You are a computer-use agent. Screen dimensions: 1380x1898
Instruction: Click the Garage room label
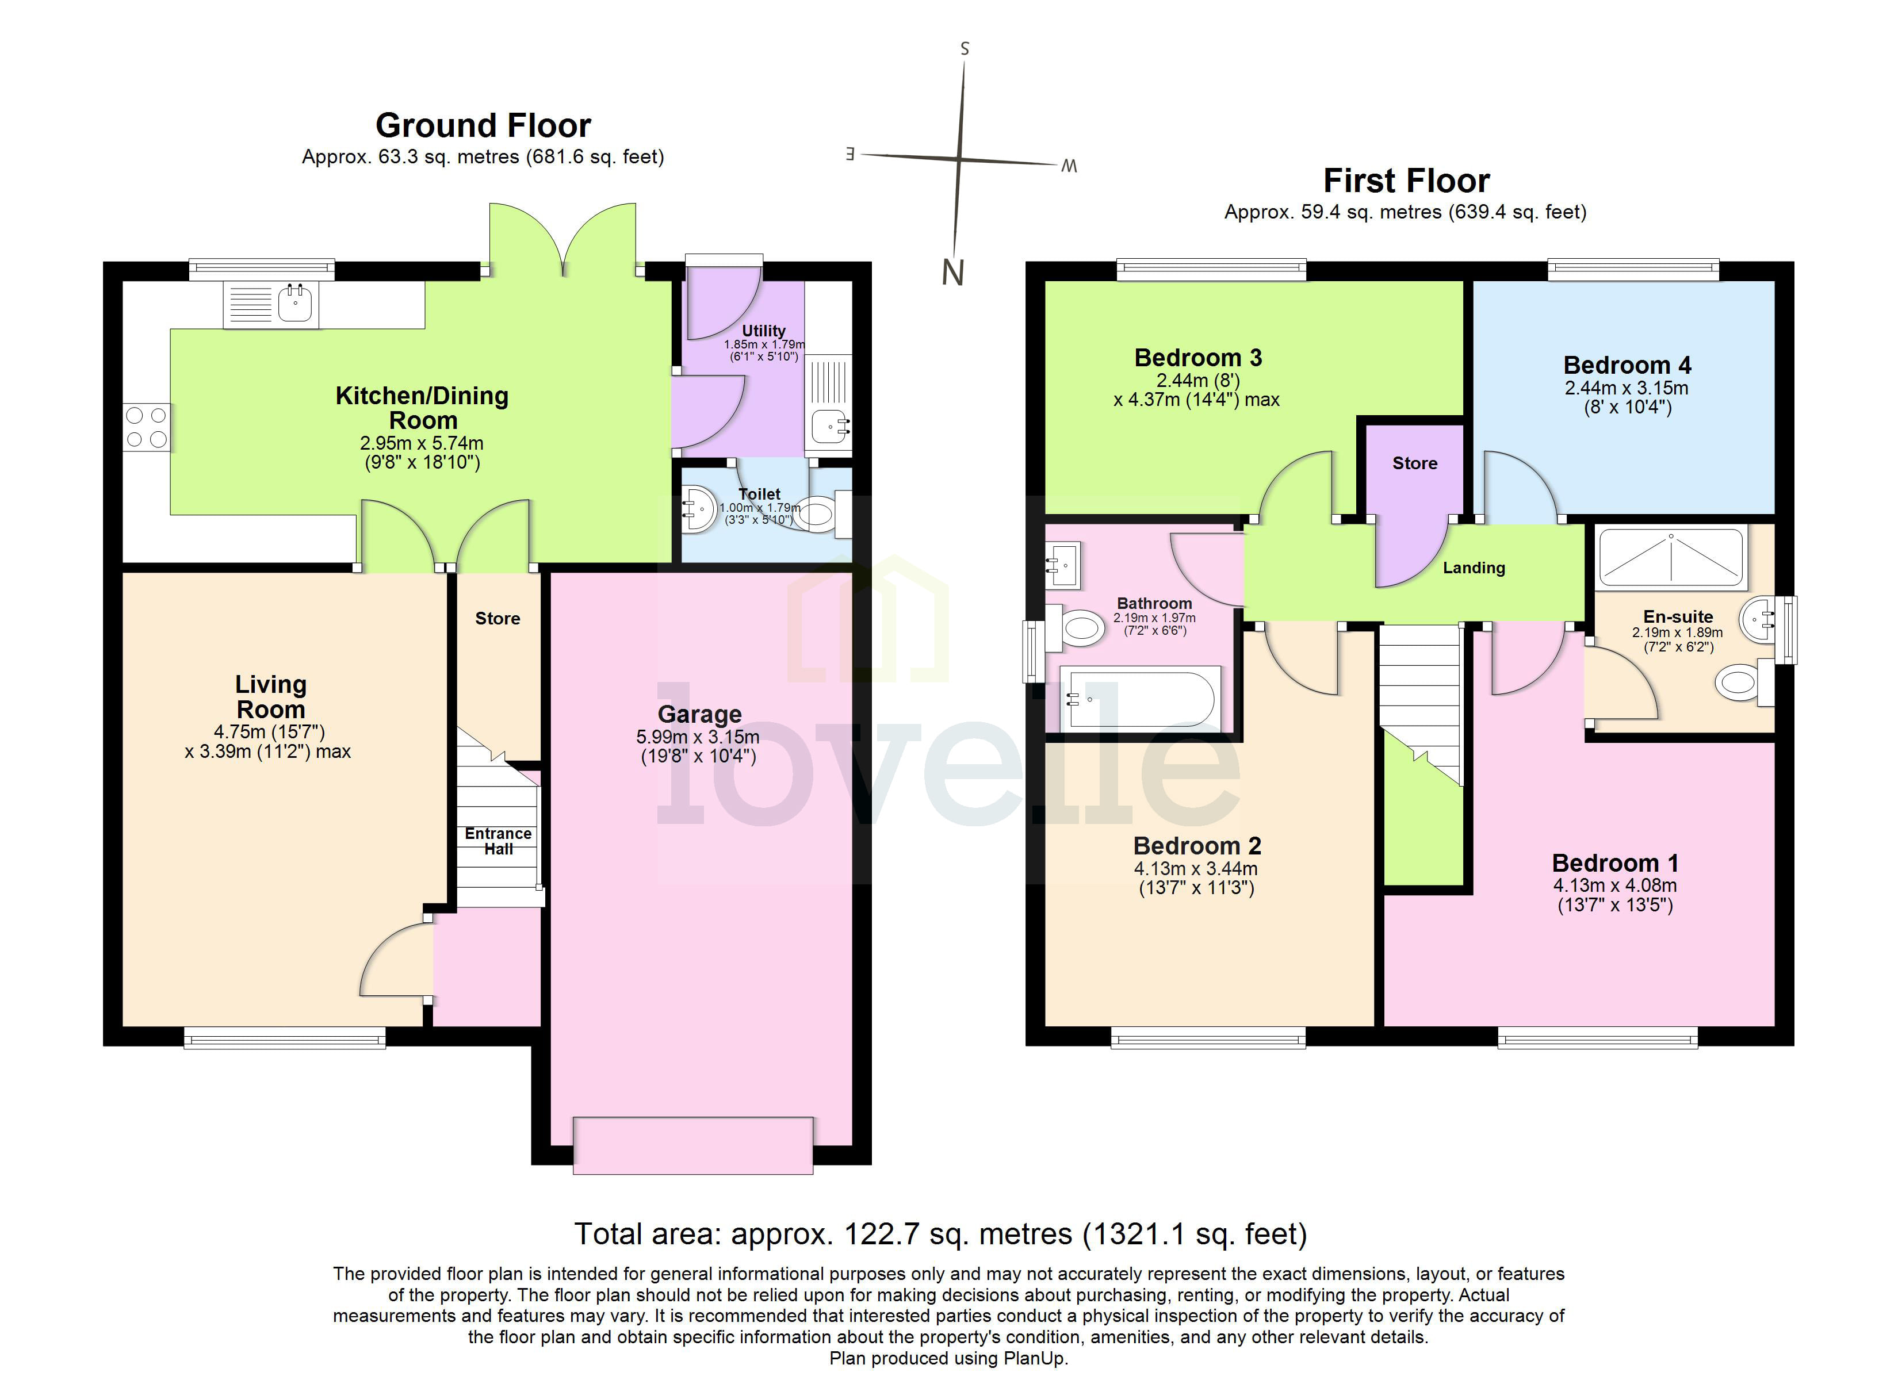(699, 715)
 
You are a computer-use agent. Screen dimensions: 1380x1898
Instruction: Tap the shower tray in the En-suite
(1671, 557)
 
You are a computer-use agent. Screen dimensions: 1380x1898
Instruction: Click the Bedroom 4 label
(1627, 366)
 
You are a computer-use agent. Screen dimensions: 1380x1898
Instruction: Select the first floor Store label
(1414, 463)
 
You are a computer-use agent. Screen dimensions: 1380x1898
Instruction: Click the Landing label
(1473, 568)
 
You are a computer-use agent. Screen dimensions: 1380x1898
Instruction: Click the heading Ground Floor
(483, 125)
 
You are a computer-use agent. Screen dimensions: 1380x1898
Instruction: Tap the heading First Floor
(1406, 181)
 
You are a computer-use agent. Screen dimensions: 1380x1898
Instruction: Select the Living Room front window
(285, 1040)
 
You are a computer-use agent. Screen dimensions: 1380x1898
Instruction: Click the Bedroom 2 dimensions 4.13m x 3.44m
(1195, 869)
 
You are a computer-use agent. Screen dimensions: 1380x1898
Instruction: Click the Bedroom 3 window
(1211, 270)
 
